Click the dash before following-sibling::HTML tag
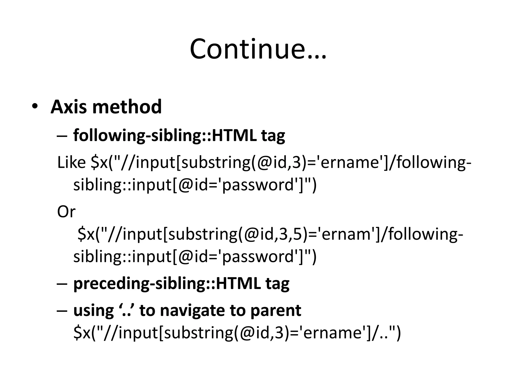point(62,136)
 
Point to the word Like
point(71,162)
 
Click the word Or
point(66,211)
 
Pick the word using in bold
point(93,310)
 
